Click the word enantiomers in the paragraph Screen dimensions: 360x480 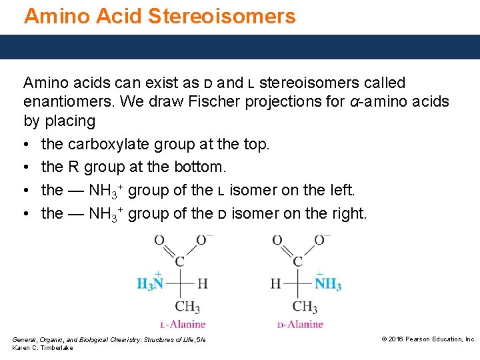(64, 102)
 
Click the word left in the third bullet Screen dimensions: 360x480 (339, 190)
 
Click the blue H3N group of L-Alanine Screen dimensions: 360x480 (150, 284)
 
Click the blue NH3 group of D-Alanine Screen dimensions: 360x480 (327, 284)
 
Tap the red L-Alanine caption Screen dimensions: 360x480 (183, 325)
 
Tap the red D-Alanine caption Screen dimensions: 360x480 (300, 325)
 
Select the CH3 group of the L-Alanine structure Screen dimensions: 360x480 (187, 307)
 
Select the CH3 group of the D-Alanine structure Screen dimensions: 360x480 (305, 307)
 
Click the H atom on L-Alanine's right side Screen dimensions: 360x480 (202, 284)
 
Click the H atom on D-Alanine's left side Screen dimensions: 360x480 (275, 284)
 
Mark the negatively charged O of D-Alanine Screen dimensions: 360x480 (321, 240)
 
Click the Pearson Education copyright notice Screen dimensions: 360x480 (428, 339)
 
